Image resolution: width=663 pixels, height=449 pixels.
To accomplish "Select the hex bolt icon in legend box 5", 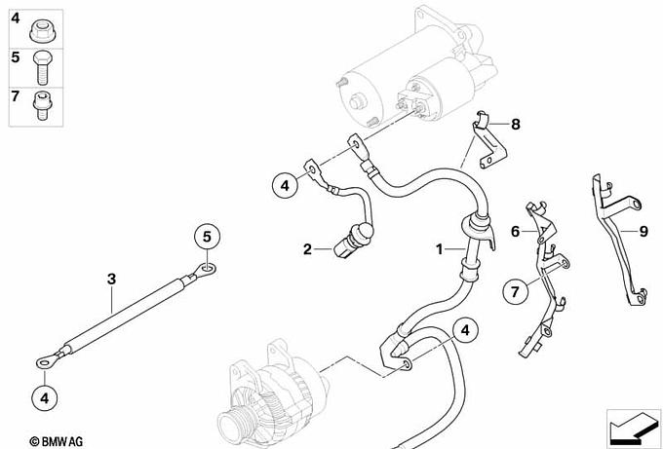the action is coord(42,67).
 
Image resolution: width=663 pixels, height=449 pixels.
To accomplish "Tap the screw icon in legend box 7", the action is coord(42,105).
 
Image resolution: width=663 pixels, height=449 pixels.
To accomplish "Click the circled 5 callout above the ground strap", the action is coord(207,237).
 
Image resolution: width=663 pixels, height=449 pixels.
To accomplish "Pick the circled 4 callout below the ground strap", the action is coord(45,398).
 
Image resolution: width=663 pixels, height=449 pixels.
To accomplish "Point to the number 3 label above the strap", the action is coord(111,279).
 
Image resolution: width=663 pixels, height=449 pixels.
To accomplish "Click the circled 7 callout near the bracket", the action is coord(515,291).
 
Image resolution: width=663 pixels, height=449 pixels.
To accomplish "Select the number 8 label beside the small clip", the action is coord(516,125).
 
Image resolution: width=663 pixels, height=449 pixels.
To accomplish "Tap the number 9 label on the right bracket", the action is coord(643,231).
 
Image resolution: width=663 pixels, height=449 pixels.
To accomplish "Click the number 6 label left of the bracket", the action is coord(515,232).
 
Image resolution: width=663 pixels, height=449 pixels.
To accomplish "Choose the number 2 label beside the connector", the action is coord(307,249).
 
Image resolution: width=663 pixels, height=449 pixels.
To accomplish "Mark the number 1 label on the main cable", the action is coord(440,249).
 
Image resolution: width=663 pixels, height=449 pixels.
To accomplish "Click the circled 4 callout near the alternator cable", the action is coord(465,330).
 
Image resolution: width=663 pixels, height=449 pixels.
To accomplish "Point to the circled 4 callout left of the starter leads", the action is coord(285,185).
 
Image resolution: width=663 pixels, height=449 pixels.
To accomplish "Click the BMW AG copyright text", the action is coord(56,442).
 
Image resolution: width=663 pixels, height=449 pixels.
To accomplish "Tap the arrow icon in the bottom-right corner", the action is coord(633,427).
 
